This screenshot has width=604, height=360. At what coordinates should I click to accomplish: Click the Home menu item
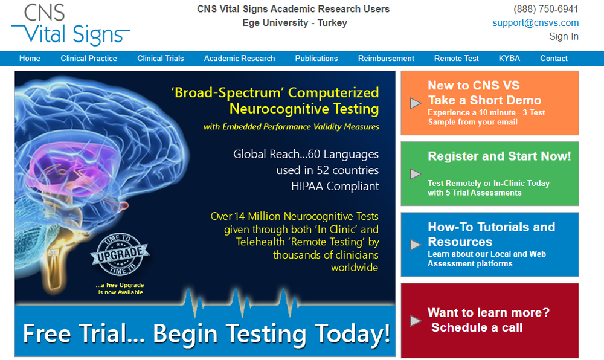[x=30, y=59]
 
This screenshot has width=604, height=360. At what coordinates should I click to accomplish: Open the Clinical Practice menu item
[x=89, y=59]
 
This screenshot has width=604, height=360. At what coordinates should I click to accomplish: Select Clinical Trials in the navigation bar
[x=161, y=59]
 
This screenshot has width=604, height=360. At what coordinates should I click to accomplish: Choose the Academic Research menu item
[x=239, y=59]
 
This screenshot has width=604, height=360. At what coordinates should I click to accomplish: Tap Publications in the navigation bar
[x=316, y=59]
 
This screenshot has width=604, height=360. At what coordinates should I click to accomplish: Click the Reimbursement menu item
[x=386, y=59]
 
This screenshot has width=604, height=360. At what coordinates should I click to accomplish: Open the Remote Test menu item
[x=456, y=59]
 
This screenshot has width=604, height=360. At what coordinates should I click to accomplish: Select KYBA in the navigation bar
[x=509, y=59]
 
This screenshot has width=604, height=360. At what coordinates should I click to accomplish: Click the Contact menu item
[x=553, y=59]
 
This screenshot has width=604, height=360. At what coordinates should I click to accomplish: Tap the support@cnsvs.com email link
[x=535, y=23]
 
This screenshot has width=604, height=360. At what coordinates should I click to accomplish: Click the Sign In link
[x=564, y=36]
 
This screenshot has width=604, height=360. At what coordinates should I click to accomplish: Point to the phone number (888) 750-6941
[x=546, y=9]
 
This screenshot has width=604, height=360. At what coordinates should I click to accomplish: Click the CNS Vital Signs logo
[x=71, y=25]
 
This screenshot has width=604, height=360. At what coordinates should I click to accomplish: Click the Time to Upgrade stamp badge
[x=120, y=254]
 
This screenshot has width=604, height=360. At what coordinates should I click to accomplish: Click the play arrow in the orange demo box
[x=416, y=103]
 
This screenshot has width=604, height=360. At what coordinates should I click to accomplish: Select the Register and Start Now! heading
[x=500, y=156]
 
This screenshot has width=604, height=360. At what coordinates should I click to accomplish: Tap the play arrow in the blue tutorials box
[x=416, y=245]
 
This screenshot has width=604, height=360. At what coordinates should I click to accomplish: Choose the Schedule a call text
[x=477, y=327]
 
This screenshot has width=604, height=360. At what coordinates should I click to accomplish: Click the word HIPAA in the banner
[x=307, y=187]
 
